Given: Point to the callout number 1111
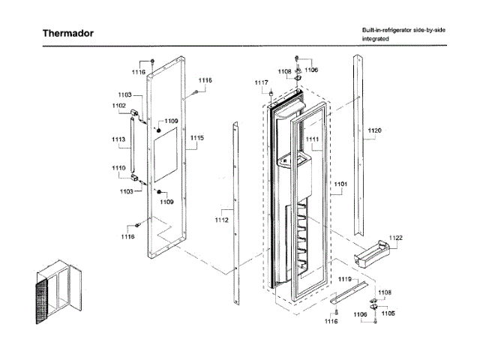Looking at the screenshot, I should coord(311,139).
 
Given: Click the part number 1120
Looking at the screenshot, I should coord(374,130).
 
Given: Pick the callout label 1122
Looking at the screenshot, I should coord(395,238).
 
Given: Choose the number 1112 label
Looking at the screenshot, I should coord(221,220).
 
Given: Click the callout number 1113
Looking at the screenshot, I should coord(118,139).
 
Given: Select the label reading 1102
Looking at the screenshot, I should coord(119,106).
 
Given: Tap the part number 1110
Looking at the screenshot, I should coord(119,167).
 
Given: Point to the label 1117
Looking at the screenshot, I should coord(260,82).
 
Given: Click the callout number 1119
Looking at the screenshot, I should coord(344,279).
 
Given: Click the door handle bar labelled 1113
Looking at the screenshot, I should coord(133,146).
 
